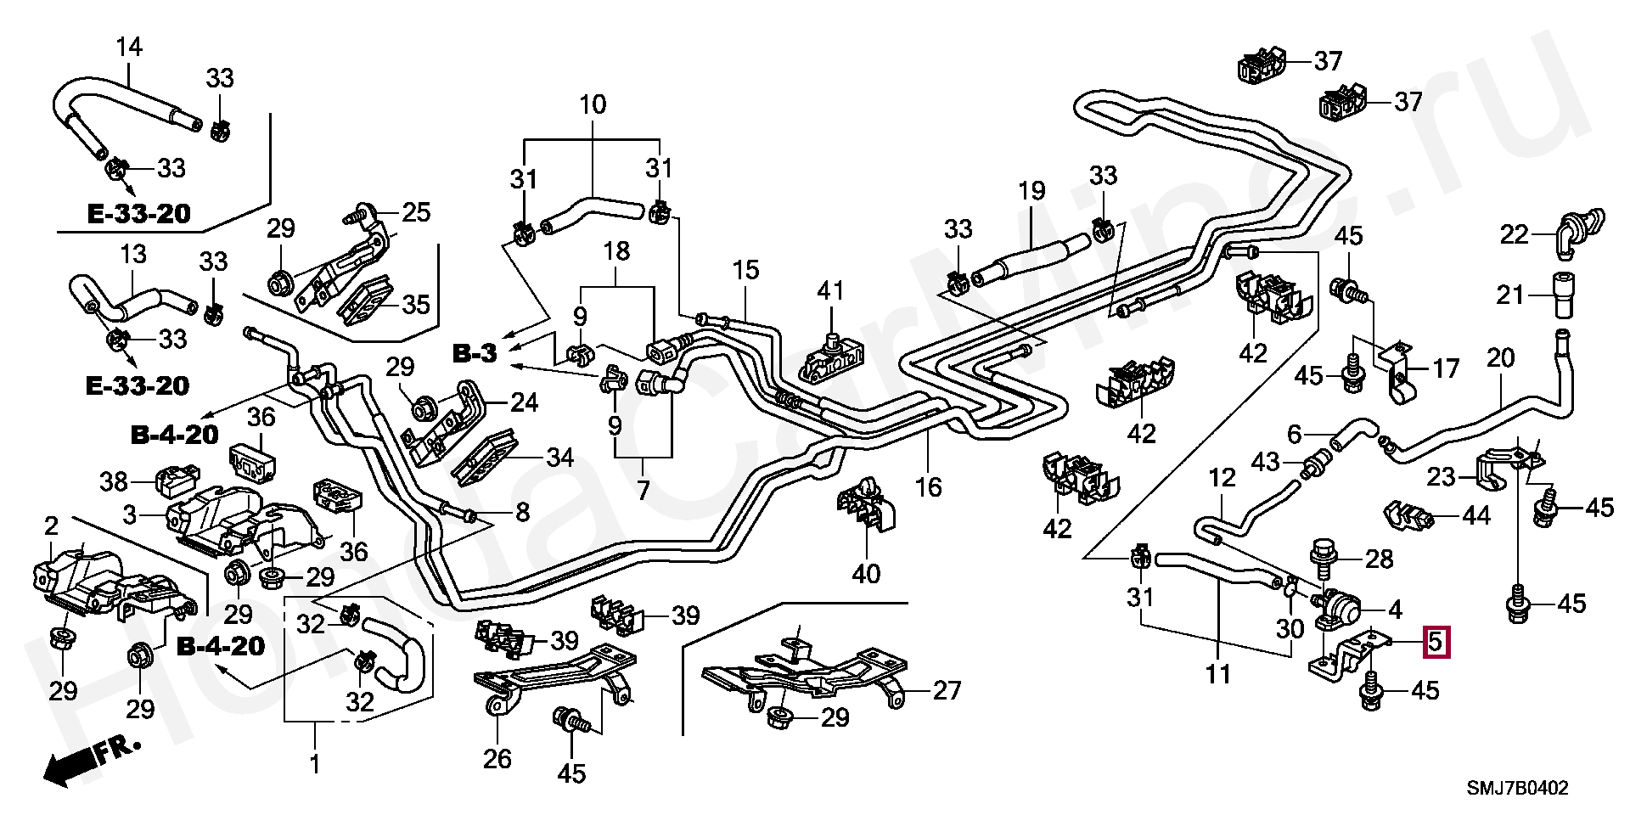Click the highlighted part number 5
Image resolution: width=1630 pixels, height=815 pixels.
[x=1435, y=642]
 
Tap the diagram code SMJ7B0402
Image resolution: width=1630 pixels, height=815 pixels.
[x=1518, y=789]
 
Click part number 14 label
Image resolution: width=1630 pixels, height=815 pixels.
[x=129, y=48]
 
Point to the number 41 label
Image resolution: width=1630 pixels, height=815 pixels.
[x=830, y=290]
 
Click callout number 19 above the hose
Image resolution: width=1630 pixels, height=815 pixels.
[x=1031, y=190]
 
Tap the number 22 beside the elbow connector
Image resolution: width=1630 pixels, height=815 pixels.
[x=1514, y=234]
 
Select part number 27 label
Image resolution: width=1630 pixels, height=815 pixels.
[x=946, y=690]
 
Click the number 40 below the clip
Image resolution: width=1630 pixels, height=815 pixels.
[x=866, y=574]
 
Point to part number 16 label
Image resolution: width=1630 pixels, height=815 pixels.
[x=929, y=487]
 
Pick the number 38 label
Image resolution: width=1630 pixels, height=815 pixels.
[x=115, y=481]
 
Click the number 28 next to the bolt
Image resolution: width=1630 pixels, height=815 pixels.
[x=1379, y=559]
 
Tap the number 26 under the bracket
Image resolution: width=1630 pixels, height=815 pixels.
[x=497, y=758]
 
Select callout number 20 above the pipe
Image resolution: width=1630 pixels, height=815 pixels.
[x=1500, y=358]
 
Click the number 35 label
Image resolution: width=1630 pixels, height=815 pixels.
[x=416, y=303]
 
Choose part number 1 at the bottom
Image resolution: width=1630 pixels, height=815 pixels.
[x=314, y=764]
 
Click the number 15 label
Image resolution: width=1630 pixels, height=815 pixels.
[x=745, y=271]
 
